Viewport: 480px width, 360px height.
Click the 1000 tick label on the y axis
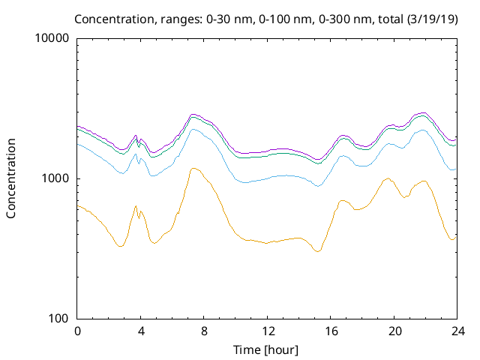point(58,178)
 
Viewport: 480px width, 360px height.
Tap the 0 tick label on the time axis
point(77,331)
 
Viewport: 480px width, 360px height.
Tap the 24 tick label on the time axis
point(457,331)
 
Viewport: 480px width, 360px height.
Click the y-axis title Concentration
point(11,178)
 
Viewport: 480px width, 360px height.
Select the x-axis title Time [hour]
point(267,349)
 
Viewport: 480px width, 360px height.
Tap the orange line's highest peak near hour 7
point(194,168)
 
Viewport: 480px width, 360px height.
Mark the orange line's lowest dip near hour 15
point(318,251)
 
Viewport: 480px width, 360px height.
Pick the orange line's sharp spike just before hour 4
point(136,205)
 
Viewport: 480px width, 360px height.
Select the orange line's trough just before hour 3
point(120,246)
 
